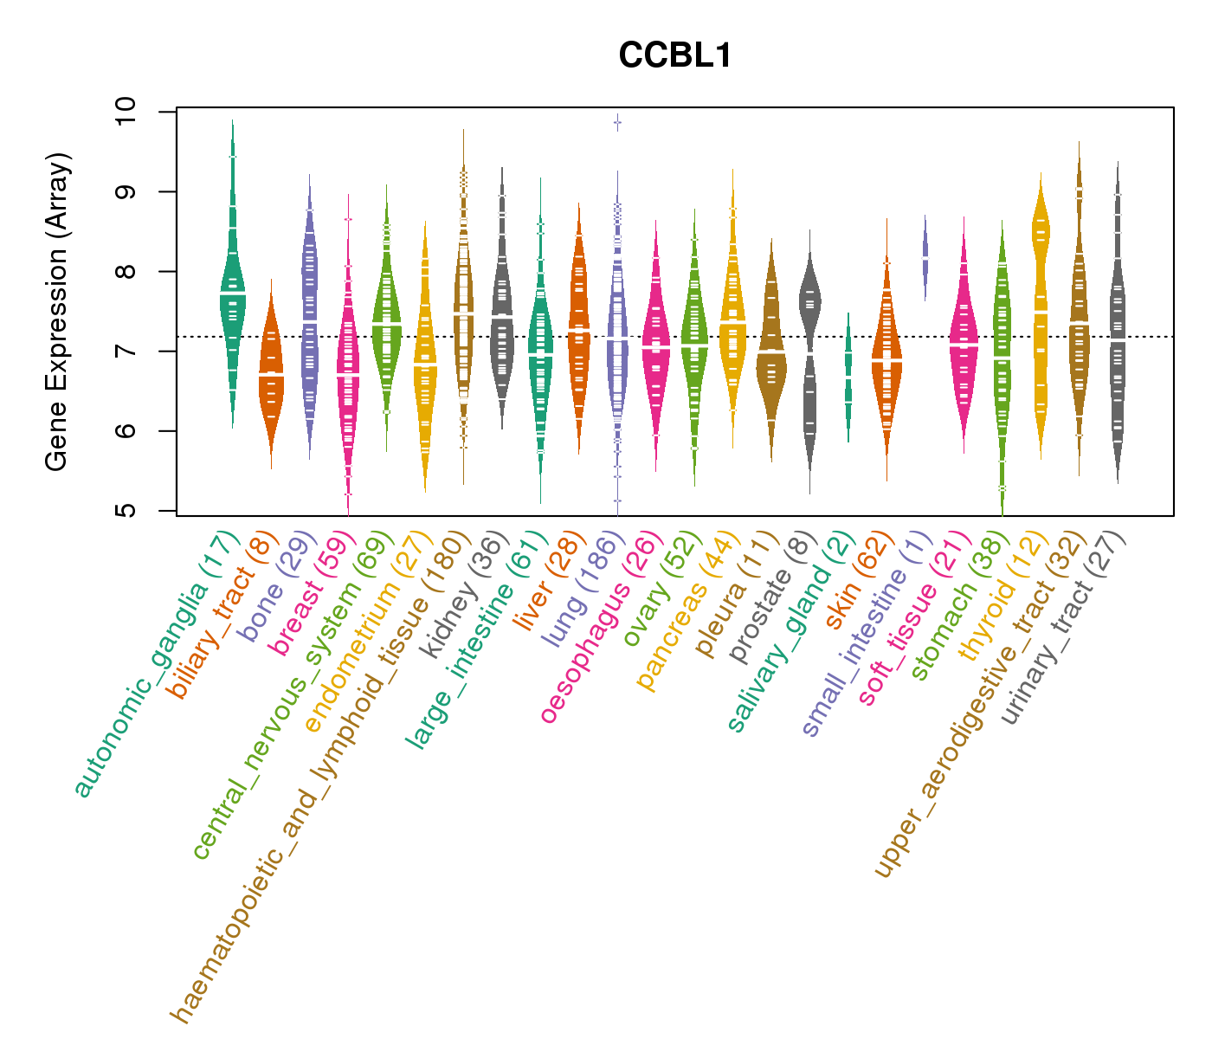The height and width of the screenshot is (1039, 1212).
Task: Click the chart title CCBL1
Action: [x=675, y=56]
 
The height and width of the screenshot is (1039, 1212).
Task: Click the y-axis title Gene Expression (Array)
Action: [x=56, y=312]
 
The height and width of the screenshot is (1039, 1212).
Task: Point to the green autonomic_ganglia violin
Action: [x=232, y=294]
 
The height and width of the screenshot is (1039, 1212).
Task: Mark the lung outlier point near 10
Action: [x=617, y=123]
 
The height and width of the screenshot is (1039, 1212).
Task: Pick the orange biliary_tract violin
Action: [x=271, y=372]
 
